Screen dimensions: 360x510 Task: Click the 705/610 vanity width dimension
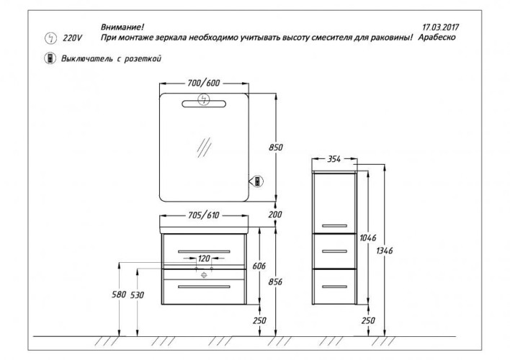[204, 215]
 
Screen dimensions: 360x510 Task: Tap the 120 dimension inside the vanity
[205, 258]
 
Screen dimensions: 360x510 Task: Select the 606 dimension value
[260, 266]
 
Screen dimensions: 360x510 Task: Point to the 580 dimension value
[119, 294]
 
